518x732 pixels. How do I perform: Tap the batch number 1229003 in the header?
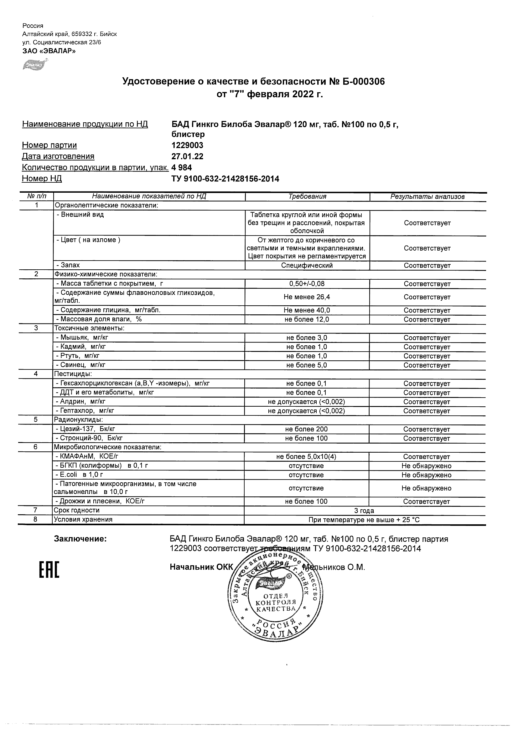pyautogui.click(x=187, y=145)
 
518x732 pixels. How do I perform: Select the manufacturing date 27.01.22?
pyautogui.click(x=187, y=156)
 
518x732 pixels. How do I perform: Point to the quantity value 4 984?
pyautogui.click(x=182, y=168)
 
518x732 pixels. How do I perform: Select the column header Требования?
pyautogui.click(x=307, y=196)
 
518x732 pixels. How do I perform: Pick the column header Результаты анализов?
pyautogui.click(x=427, y=197)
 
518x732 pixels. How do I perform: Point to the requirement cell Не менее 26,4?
pyautogui.click(x=307, y=297)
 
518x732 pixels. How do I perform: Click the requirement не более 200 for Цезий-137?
pyautogui.click(x=306, y=429)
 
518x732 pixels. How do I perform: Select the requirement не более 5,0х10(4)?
pyautogui.click(x=306, y=456)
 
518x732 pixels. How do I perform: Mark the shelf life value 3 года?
pyautogui.click(x=364, y=511)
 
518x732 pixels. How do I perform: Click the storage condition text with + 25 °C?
pyautogui.click(x=364, y=520)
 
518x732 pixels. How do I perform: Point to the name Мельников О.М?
pyautogui.click(x=334, y=567)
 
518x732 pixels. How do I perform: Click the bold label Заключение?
pyautogui.click(x=80, y=539)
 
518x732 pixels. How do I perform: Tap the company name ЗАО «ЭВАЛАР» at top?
pyautogui.click(x=49, y=51)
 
